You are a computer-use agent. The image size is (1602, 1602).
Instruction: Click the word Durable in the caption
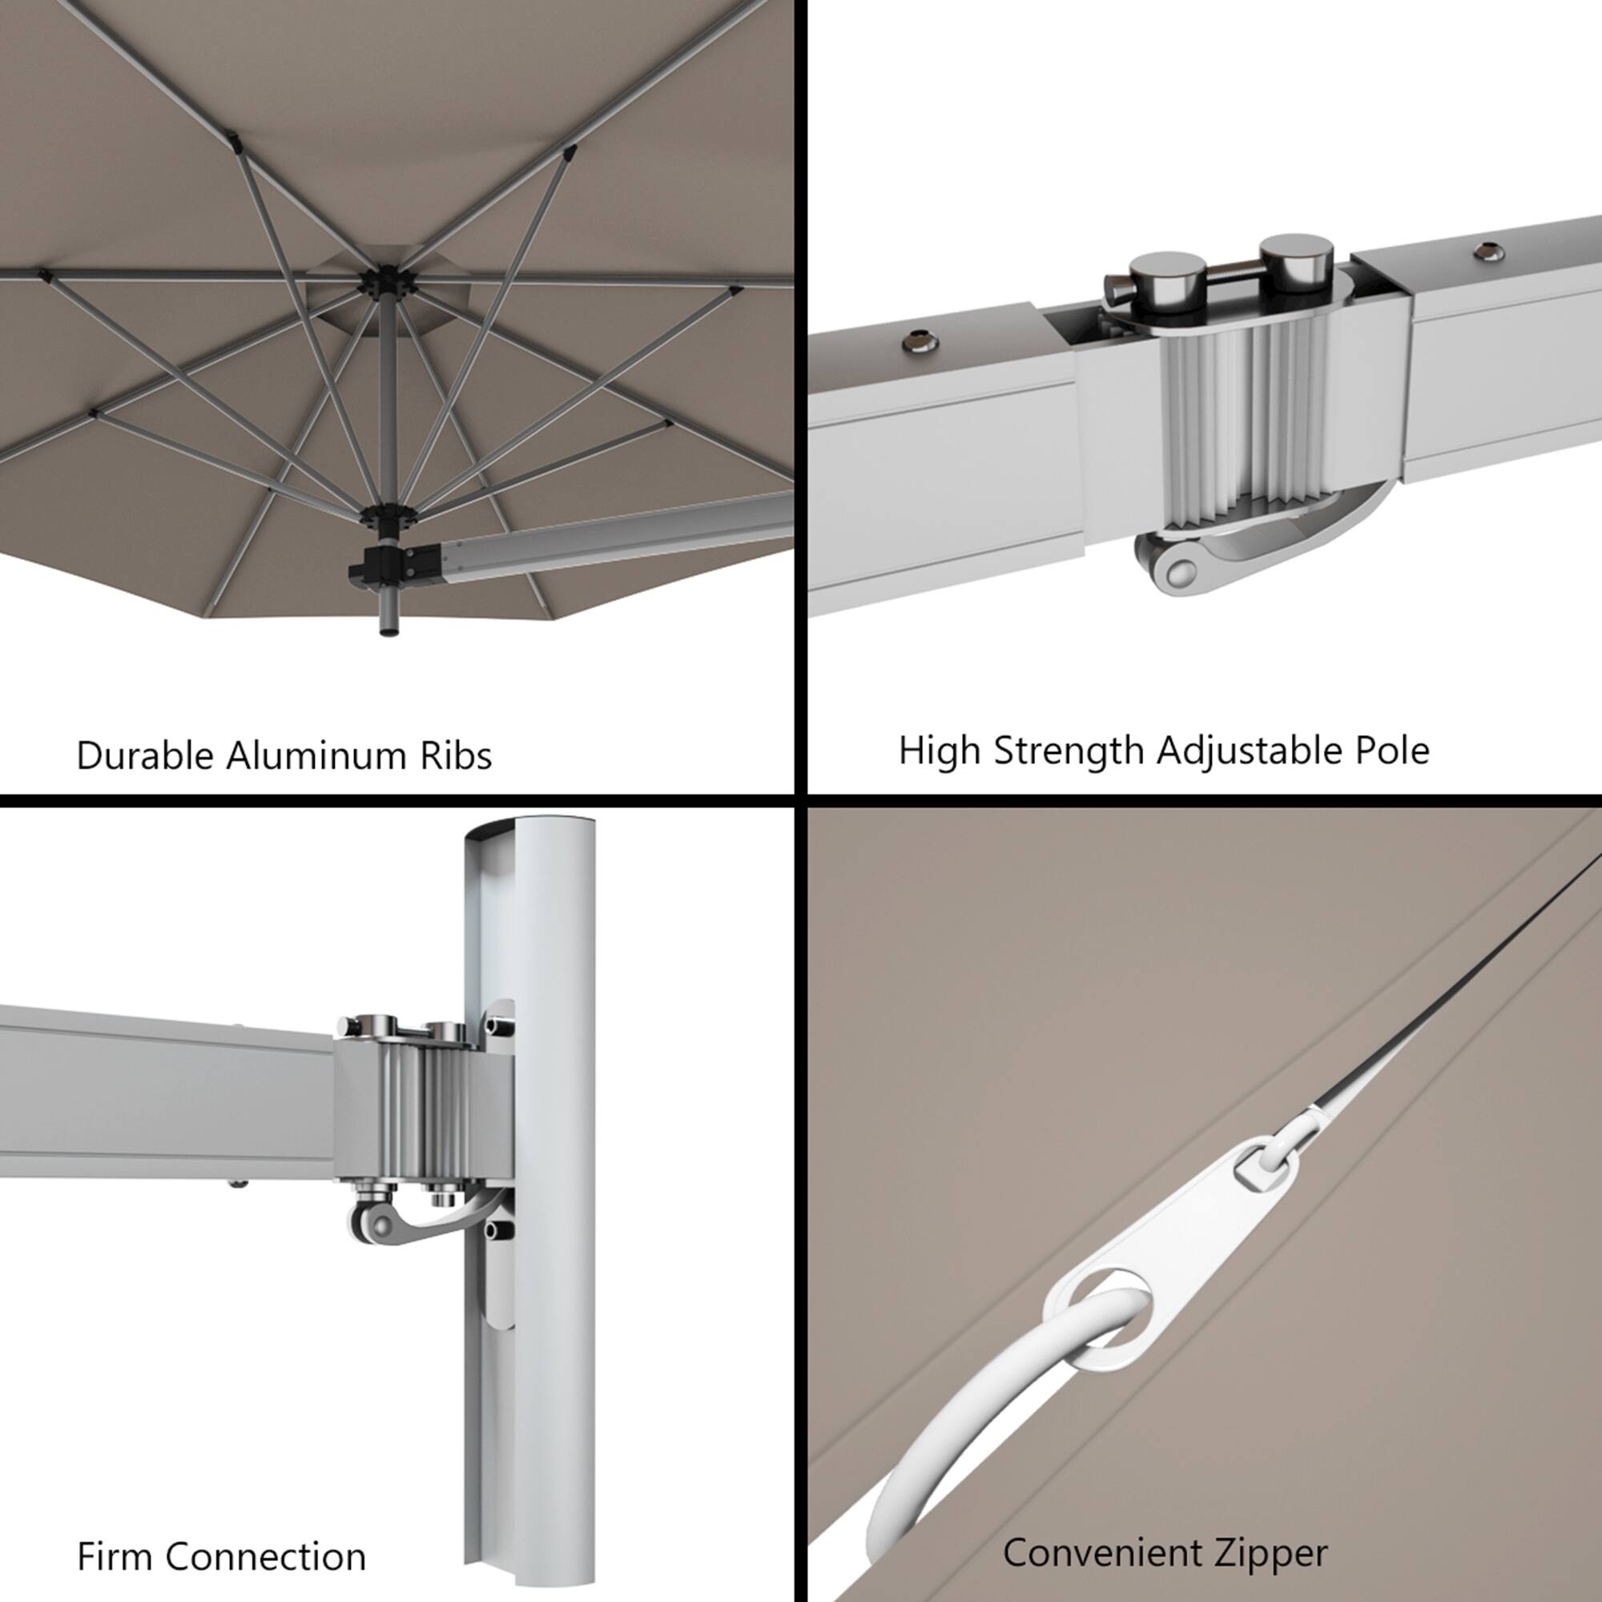tap(145, 756)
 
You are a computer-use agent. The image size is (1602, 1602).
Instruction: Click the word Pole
tap(1391, 751)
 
